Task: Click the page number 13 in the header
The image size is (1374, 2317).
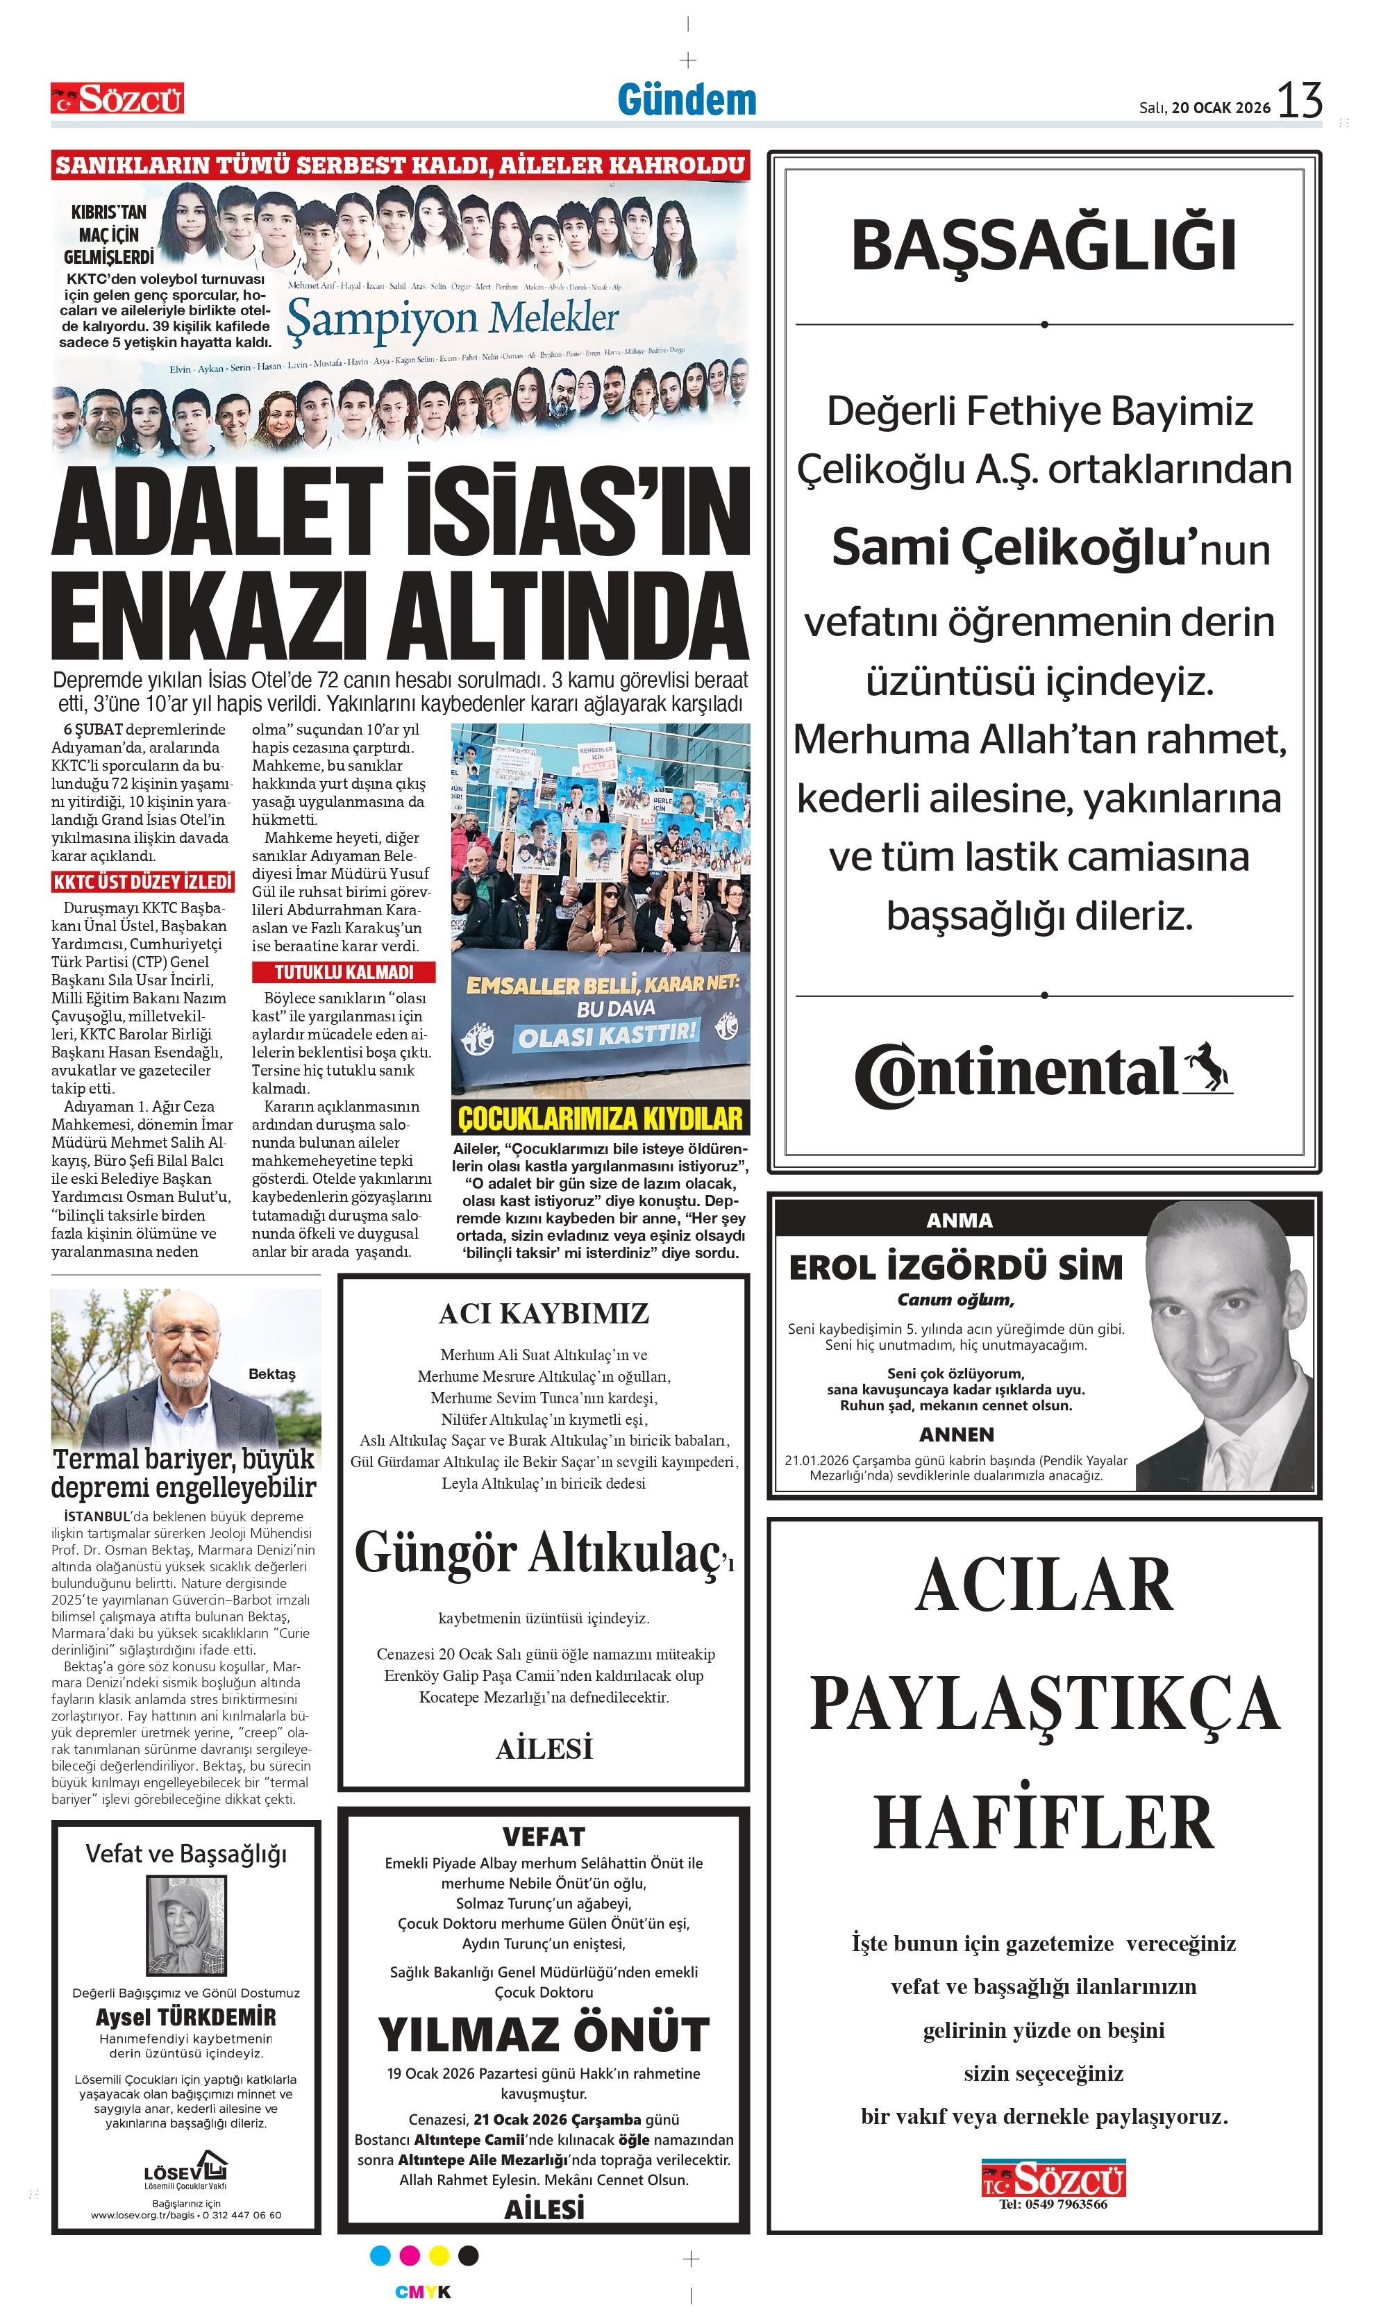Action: (1299, 101)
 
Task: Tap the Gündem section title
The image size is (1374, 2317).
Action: (687, 101)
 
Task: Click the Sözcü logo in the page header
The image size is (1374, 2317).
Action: (117, 98)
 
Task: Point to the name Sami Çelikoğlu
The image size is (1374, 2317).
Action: (1009, 547)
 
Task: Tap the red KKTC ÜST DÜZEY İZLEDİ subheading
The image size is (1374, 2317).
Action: (142, 883)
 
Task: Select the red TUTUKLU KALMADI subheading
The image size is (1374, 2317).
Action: (344, 973)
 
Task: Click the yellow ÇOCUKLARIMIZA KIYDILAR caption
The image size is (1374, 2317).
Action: (600, 1119)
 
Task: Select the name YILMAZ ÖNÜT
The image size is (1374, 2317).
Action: (544, 2034)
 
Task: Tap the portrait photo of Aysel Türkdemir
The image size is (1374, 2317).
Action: (186, 1926)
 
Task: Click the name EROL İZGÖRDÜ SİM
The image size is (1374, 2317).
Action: (955, 1267)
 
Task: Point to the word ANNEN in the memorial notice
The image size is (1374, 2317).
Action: (957, 1434)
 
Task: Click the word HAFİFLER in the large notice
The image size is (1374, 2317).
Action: (1044, 1822)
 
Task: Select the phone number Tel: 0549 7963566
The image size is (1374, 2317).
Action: (1053, 2204)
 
